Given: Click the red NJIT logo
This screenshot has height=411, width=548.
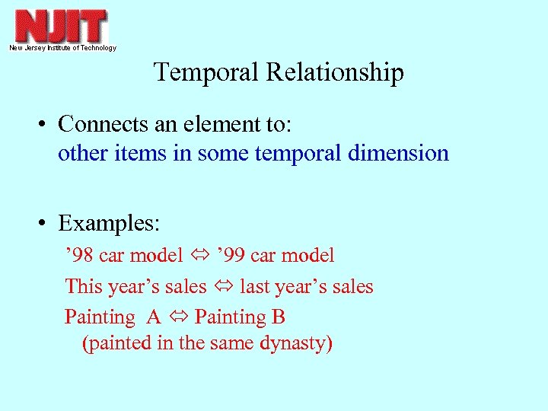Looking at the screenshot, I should (60, 26).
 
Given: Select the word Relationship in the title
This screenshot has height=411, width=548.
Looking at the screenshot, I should (335, 72).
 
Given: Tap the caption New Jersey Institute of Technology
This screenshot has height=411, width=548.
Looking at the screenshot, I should (62, 48).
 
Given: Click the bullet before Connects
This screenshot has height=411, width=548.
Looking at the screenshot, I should (46, 124).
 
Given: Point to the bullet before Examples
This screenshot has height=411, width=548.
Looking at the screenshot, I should (46, 224).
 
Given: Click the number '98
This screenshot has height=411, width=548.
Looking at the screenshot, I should (79, 256).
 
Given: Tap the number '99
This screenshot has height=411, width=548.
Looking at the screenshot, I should (233, 256).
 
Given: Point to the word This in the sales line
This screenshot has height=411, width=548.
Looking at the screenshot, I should (82, 286).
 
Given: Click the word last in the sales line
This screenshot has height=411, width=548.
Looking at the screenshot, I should (255, 286).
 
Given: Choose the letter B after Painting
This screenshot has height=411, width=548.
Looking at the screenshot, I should (278, 317).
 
